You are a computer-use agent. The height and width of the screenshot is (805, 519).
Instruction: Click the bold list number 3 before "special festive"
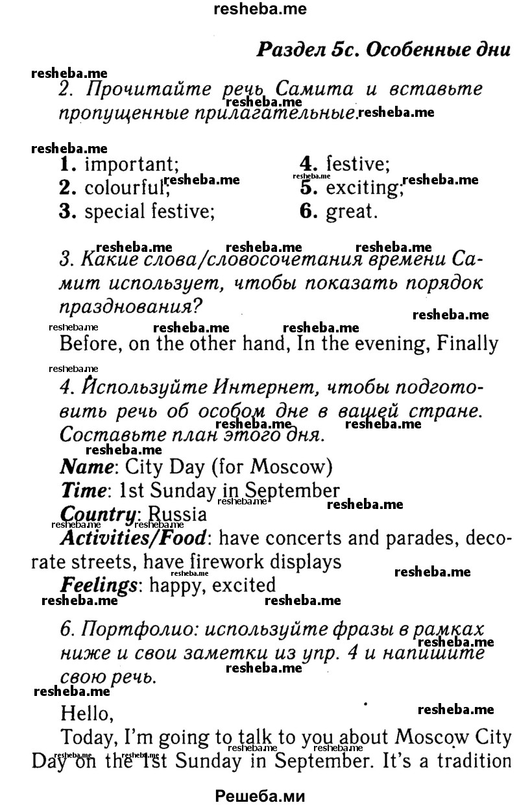(65, 212)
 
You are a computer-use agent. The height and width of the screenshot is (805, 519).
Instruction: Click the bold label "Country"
(98, 514)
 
